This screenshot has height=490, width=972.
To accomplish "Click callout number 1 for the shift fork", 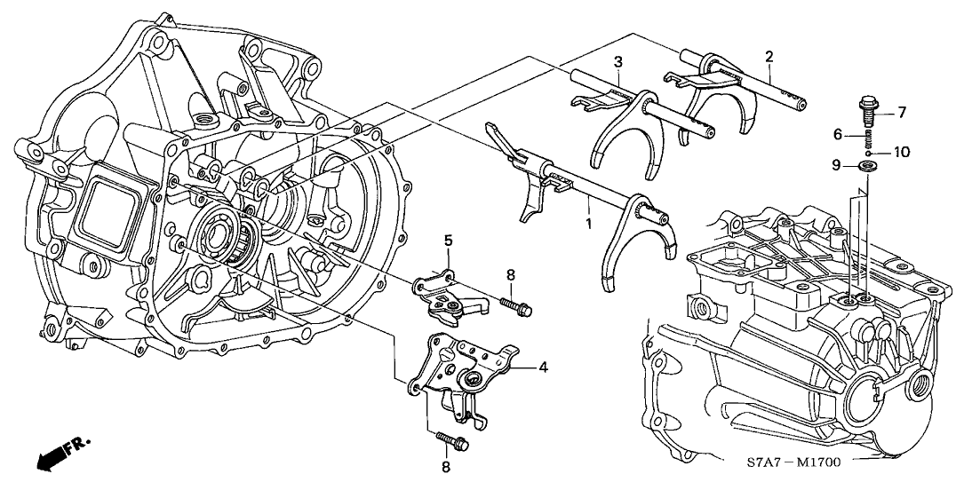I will click(x=587, y=217).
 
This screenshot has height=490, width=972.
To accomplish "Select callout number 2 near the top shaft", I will click(x=769, y=57).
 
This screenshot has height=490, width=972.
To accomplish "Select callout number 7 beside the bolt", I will click(x=901, y=112).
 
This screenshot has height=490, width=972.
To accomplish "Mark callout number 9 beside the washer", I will click(x=836, y=164).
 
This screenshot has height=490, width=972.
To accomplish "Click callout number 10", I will click(x=900, y=152).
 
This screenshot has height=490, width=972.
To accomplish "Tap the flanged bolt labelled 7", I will click(x=869, y=112).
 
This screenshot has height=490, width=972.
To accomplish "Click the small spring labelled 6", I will click(x=870, y=138).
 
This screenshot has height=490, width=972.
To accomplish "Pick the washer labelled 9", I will click(x=869, y=166).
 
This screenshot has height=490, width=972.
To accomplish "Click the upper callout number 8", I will click(x=510, y=276).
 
